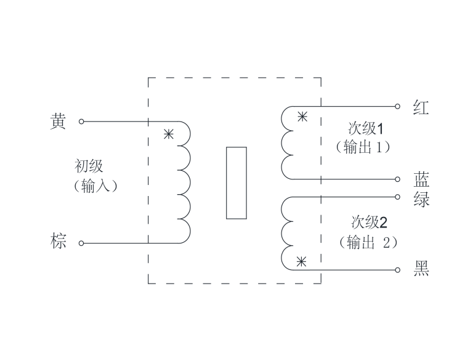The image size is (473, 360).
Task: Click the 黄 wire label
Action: (58, 121)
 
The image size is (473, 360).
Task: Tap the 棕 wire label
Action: (58, 240)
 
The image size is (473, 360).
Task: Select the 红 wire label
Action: (421, 107)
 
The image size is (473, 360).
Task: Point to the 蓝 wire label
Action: (421, 180)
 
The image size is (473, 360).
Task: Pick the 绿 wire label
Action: (421, 199)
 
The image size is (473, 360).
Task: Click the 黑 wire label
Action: (421, 269)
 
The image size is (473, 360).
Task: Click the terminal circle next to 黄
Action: (81, 121)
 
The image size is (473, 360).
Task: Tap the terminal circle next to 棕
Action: (81, 243)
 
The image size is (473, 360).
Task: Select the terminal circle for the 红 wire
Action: (398, 106)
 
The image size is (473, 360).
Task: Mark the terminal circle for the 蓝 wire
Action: (398, 179)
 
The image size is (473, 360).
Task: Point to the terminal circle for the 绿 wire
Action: (398, 197)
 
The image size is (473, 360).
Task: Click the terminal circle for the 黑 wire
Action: (398, 270)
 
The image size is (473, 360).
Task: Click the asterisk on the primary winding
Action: (169, 134)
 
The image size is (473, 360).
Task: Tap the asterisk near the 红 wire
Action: (302, 117)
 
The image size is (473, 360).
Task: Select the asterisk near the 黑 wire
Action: (301, 262)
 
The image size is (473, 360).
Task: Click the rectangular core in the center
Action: (236, 183)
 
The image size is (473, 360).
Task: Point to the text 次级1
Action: (366, 129)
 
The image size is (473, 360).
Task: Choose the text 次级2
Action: (370, 223)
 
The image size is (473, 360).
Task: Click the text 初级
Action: (89, 166)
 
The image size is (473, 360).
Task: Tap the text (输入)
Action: (95, 186)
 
